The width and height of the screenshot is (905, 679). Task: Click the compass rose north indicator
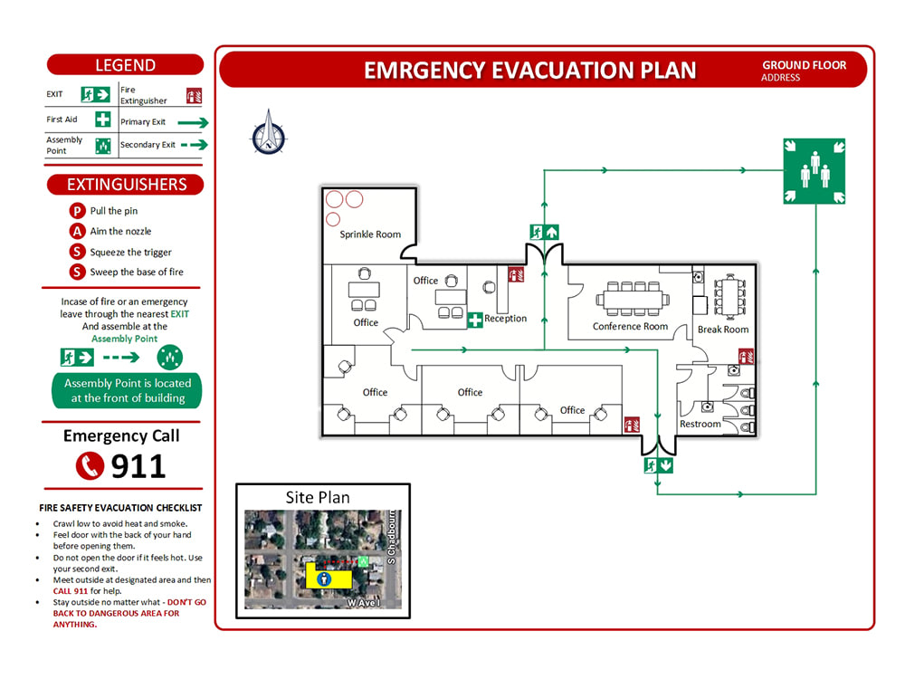point(269,133)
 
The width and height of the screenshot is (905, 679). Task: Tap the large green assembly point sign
point(814,171)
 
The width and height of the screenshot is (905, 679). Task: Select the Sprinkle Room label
point(370,234)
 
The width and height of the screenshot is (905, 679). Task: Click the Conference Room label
point(630,326)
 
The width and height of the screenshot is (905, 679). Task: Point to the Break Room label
point(723,330)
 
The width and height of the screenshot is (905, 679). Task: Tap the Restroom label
point(700,424)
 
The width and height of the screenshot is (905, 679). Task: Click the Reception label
point(506,318)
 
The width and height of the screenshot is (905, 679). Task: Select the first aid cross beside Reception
point(475,320)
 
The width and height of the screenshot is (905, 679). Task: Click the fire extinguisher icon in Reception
point(516,274)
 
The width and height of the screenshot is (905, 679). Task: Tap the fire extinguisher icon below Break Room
point(747,356)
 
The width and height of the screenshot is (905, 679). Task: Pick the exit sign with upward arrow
point(544,232)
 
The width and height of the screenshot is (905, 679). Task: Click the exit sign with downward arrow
point(659,465)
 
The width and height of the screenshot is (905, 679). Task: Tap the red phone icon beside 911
point(90,465)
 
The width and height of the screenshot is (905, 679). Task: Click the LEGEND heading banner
point(125,64)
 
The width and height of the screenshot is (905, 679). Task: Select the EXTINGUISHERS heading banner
point(125,184)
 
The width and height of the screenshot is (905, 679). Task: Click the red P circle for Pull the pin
point(77,211)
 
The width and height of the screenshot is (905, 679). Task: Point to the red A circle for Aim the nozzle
point(77,231)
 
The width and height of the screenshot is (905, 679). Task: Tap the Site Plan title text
point(318,498)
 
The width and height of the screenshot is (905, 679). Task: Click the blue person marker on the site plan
point(324,579)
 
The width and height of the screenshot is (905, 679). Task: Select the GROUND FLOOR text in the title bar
point(804,65)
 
